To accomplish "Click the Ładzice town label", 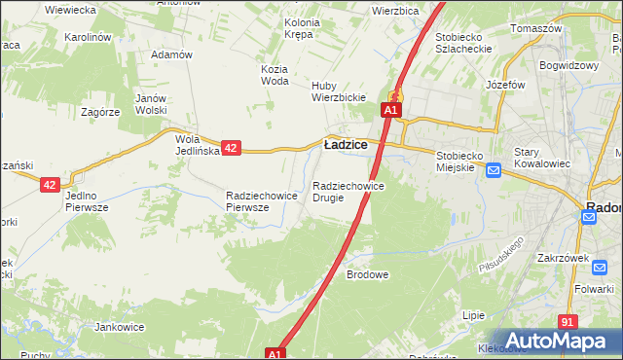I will (x=346, y=144).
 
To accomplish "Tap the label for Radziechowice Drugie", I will (x=348, y=191).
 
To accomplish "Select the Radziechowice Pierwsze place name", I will (x=261, y=200).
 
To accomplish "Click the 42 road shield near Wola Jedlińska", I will (x=231, y=148).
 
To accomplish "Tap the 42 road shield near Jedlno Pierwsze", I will (x=51, y=183).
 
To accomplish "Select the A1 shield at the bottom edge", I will (x=275, y=354).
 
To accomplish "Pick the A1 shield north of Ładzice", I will (x=389, y=111).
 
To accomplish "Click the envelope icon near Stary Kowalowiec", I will (x=493, y=171).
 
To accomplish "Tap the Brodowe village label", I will (x=368, y=274).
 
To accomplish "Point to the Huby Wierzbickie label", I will (x=338, y=90).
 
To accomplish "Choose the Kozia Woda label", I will (x=275, y=75).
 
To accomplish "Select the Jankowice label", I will (x=120, y=327).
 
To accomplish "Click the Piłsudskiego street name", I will (x=501, y=253).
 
